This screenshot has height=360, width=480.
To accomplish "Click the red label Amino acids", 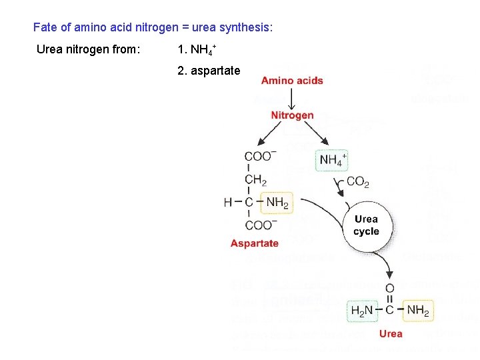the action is (292, 81).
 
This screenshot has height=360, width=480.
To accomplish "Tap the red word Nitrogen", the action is (292, 115).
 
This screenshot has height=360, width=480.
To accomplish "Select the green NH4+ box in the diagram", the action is (332, 160).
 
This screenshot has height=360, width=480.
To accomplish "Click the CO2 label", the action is (358, 181).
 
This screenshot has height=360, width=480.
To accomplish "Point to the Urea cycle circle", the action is (366, 226).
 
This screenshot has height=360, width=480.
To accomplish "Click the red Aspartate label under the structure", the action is (255, 243).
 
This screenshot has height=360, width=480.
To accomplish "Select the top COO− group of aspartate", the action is (260, 156).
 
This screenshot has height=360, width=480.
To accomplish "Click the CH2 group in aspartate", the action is (255, 179).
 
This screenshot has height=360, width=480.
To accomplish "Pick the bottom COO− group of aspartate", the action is (260, 225).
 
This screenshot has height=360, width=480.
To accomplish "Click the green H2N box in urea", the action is (363, 310).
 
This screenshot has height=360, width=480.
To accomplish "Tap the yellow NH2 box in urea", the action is (418, 310).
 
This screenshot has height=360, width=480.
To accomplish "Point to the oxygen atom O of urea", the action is (390, 287).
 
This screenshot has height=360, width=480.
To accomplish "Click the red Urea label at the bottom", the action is (391, 333).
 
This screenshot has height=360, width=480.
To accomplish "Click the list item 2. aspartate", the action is (209, 70).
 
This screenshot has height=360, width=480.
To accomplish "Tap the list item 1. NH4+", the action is (197, 49).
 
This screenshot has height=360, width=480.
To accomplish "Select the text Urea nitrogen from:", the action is (88, 49).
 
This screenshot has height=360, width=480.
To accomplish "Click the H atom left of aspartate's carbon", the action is (228, 202).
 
